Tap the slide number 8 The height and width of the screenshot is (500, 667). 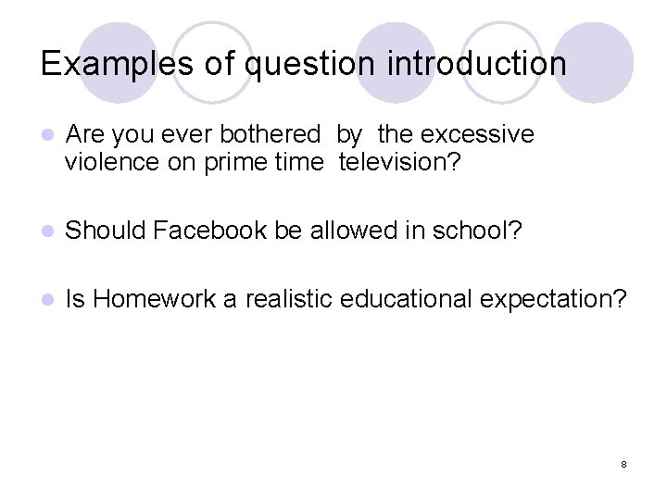(624, 463)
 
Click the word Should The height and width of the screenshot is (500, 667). (105, 230)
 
